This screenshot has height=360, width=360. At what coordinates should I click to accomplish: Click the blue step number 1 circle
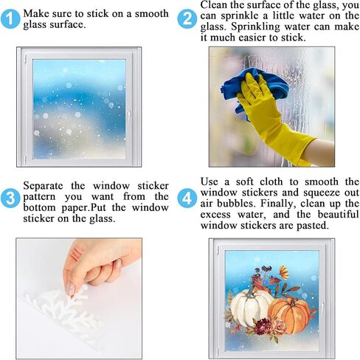click(x=10, y=19)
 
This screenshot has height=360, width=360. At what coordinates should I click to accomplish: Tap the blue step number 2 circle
click(x=187, y=19)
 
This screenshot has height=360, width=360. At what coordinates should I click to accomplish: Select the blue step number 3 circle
click(x=10, y=198)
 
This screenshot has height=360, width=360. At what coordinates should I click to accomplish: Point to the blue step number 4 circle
click(x=187, y=198)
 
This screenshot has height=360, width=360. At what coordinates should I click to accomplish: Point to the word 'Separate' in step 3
click(x=43, y=186)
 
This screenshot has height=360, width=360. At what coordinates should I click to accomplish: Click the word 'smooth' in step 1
click(x=152, y=13)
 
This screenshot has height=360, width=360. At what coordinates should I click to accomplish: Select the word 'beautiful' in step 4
click(x=338, y=214)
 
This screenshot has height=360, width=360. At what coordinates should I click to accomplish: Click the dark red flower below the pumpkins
click(x=261, y=327)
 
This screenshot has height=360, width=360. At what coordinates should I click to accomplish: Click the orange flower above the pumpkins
click(x=285, y=271)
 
